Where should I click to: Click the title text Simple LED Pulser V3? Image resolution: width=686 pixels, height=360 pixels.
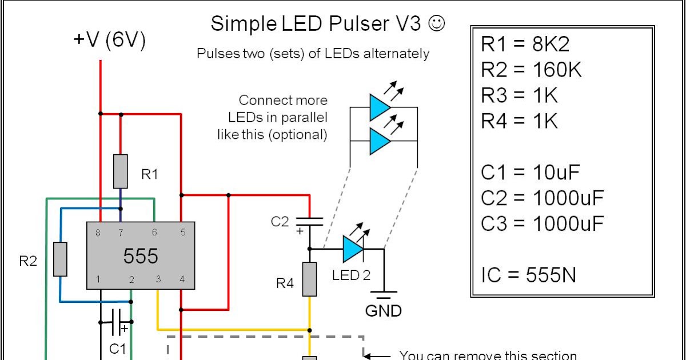coord(316,24)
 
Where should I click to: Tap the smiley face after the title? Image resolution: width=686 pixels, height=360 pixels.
coord(436,23)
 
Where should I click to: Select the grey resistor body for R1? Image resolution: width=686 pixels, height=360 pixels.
coord(120,171)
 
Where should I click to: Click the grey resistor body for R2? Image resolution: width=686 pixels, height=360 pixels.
coord(60,259)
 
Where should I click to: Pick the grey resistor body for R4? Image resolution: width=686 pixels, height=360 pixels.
coord(309,279)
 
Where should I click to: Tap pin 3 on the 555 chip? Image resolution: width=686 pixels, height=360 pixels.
coord(157,279)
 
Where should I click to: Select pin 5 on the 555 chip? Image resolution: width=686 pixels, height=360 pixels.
coord(182,233)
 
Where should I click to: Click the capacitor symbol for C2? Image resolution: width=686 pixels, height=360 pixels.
coord(309,221)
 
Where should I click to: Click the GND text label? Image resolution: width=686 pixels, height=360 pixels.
coord(384,311)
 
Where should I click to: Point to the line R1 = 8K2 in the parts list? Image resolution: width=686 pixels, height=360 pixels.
coord(525,44)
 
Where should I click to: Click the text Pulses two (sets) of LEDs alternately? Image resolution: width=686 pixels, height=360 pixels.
coord(313,54)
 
